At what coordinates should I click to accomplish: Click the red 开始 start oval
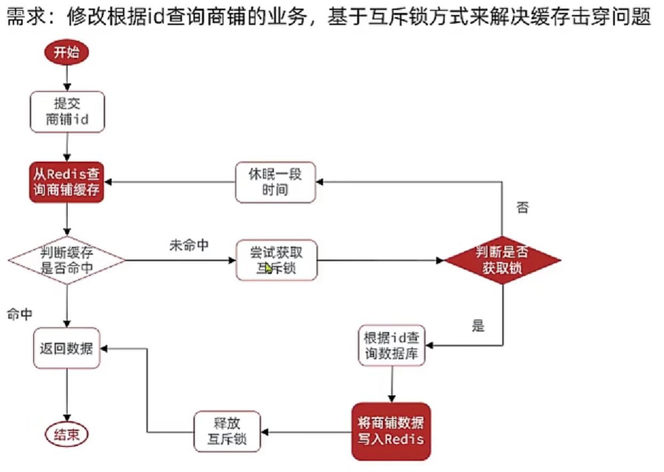66,53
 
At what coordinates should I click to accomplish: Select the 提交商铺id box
67,112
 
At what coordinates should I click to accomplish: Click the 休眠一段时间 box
275,182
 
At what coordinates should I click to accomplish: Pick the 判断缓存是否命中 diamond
67,261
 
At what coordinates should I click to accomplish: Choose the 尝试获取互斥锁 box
276,260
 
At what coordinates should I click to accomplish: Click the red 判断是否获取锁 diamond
502,260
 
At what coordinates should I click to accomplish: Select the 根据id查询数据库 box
392,345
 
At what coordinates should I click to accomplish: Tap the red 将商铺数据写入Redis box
391,431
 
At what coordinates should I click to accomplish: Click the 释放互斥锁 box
228,431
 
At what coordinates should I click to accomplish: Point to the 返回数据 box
67,348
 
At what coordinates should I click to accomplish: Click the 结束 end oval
67,435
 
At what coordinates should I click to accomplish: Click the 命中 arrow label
20,314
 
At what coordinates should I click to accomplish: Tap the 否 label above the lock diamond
522,207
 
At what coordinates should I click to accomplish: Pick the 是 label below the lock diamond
478,326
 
